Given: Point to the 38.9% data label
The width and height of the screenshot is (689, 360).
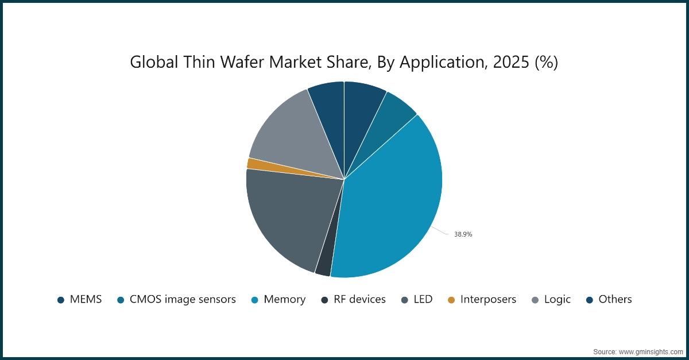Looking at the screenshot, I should (463, 234).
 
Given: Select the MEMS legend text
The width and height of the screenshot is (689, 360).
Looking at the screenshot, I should (86, 300).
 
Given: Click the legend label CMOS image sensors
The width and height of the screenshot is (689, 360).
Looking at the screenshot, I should (183, 300).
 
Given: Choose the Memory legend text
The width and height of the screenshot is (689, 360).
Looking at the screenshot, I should (284, 300).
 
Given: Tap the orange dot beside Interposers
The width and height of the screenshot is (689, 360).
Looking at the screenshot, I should (451, 300).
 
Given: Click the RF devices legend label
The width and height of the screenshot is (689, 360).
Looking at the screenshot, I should (359, 300).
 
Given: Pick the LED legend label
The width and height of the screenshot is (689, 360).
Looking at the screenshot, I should (423, 300).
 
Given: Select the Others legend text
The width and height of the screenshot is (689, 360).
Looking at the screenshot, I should (615, 300).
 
